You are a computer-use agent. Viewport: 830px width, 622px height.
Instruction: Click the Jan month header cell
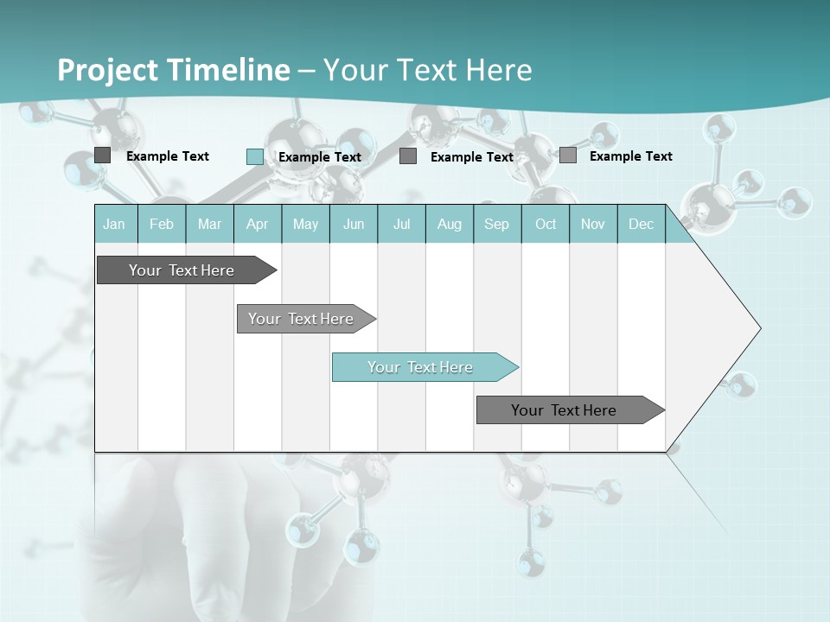pos(115,224)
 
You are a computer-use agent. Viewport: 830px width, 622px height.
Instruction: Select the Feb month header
pos(162,224)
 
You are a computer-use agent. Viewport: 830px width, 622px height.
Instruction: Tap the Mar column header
pos(209,224)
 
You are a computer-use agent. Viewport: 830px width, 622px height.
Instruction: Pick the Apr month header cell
pos(258,224)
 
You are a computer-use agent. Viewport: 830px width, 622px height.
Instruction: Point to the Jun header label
pos(354,224)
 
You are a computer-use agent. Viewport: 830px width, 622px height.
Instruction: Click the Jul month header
pos(401,224)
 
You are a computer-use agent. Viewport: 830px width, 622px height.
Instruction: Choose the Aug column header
pos(450,224)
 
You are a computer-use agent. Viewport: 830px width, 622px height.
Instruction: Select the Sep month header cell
pos(497,224)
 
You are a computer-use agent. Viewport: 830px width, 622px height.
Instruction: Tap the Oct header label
pos(546,224)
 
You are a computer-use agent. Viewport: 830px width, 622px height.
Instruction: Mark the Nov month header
pos(593,224)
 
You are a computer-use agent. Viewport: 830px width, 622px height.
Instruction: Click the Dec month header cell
pos(642,224)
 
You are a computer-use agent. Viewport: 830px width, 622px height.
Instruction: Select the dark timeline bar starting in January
pos(182,270)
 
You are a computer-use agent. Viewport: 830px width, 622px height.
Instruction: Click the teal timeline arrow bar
pos(421,367)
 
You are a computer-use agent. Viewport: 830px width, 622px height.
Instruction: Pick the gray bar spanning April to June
pos(302,319)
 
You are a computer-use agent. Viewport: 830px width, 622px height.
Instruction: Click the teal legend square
pos(255,156)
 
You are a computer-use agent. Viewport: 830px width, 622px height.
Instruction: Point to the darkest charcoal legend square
pos(103,155)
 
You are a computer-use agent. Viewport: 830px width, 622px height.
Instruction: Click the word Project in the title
pos(109,70)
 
